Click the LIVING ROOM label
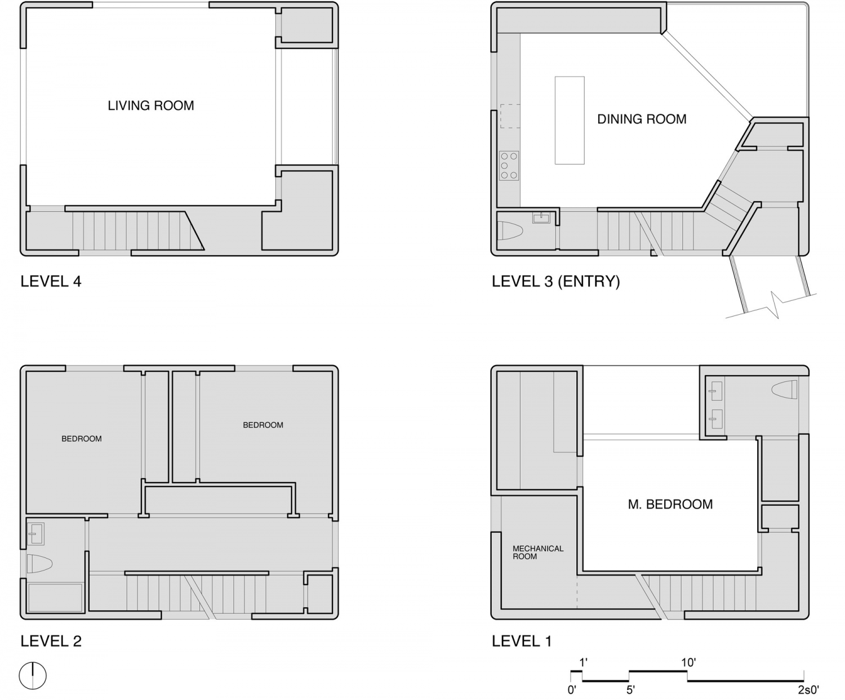click(150, 106)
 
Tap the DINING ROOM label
click(642, 119)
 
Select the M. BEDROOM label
click(670, 505)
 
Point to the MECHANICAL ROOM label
click(537, 552)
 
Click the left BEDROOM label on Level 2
click(82, 439)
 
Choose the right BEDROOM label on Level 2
click(263, 425)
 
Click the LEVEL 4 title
click(51, 282)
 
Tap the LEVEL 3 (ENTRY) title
click(555, 282)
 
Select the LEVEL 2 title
click(51, 641)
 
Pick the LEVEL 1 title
click(522, 641)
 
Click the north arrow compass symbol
click(33, 675)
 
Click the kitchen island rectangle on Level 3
click(569, 121)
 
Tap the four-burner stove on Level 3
click(509, 166)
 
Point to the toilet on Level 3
click(510, 231)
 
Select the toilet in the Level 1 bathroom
click(785, 389)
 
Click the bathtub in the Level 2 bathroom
click(55, 598)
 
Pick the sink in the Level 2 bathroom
click(36, 533)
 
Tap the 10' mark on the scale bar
click(688, 663)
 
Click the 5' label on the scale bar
click(630, 690)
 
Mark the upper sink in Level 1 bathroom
click(715, 388)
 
